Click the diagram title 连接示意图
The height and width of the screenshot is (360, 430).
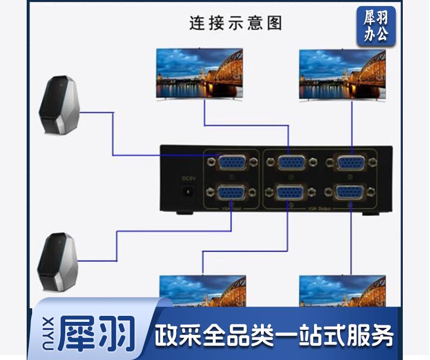pyautogui.click(x=235, y=23)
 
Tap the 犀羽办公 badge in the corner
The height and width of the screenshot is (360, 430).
pyautogui.click(x=376, y=26)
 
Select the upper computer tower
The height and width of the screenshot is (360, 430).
pyautogui.click(x=61, y=105)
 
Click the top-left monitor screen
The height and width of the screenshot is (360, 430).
pyautogui.click(x=199, y=73)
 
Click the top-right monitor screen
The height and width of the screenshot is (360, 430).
pyautogui.click(x=342, y=74)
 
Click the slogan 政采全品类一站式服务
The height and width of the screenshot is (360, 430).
pyautogui.click(x=274, y=335)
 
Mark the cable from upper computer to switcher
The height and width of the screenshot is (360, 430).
pyautogui.click(x=113, y=134)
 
